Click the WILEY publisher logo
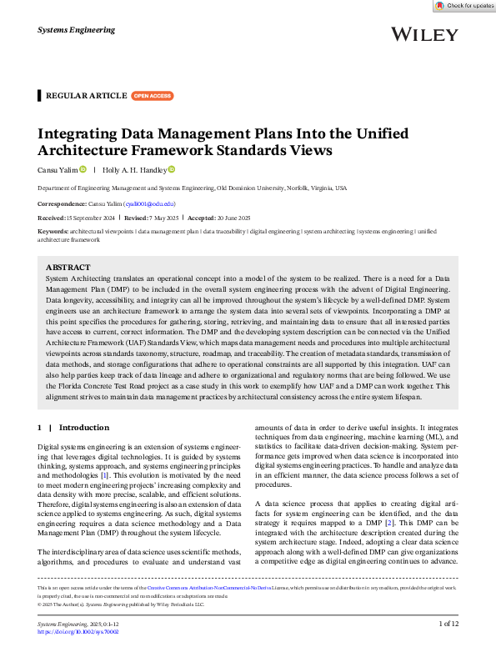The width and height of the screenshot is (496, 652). [423, 34]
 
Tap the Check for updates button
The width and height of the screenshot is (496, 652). [463, 6]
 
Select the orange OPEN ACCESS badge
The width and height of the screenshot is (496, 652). [152, 96]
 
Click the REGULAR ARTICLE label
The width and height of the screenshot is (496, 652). [86, 96]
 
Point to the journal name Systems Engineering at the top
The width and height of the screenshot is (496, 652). [77, 30]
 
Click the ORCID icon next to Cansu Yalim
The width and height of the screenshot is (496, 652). [83, 169]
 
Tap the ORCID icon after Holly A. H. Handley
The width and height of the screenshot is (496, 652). [172, 169]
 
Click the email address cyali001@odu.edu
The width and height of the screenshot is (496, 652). [149, 203]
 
